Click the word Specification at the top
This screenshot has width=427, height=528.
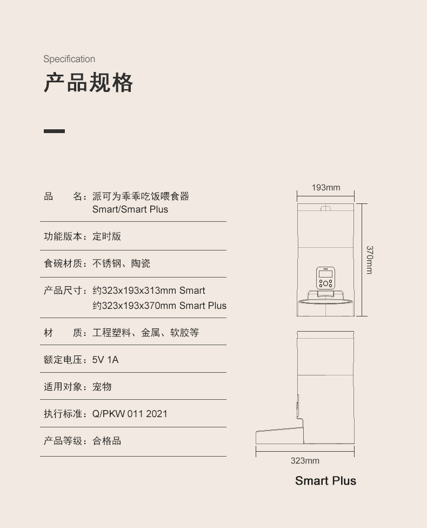tap(69, 59)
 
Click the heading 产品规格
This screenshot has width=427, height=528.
tap(88, 83)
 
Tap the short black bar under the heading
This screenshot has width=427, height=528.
tap(54, 131)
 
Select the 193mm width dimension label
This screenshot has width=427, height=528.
tap(326, 188)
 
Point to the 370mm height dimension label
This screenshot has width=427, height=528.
tap(369, 260)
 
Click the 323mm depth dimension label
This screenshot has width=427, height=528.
tap(305, 461)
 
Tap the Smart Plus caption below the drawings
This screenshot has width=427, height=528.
tap(325, 480)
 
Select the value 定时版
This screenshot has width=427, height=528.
tap(106, 236)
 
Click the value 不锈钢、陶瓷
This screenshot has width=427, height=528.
tap(121, 263)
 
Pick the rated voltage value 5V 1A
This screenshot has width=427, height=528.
tap(105, 359)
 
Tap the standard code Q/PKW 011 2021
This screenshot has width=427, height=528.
tap(130, 414)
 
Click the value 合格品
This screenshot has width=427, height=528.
tap(106, 441)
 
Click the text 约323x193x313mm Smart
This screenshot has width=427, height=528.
tap(149, 291)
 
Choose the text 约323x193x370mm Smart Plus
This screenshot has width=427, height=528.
tap(159, 306)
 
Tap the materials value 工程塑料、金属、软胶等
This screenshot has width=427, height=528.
tap(145, 333)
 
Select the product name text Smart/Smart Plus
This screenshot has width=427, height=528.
tap(130, 209)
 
